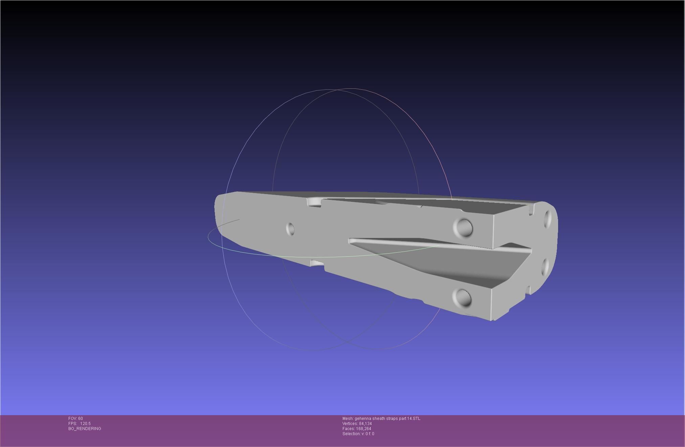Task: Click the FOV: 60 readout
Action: pyautogui.click(x=75, y=419)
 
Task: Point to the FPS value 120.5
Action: pyautogui.click(x=85, y=424)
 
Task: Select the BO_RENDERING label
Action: pyautogui.click(x=85, y=429)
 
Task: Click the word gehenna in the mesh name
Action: pyautogui.click(x=362, y=419)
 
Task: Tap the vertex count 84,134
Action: pyautogui.click(x=366, y=424)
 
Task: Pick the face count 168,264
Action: pyautogui.click(x=363, y=429)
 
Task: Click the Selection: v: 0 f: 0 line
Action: pyautogui.click(x=358, y=434)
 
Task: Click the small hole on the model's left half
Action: pyautogui.click(x=290, y=229)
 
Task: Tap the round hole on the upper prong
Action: pyautogui.click(x=463, y=227)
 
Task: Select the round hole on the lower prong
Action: pyautogui.click(x=462, y=297)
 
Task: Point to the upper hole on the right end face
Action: pyautogui.click(x=548, y=218)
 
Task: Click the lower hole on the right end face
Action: pyautogui.click(x=545, y=267)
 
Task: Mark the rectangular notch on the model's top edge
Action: pyautogui.click(x=314, y=202)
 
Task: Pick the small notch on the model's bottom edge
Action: pyautogui.click(x=317, y=263)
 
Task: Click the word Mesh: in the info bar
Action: pyautogui.click(x=348, y=419)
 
